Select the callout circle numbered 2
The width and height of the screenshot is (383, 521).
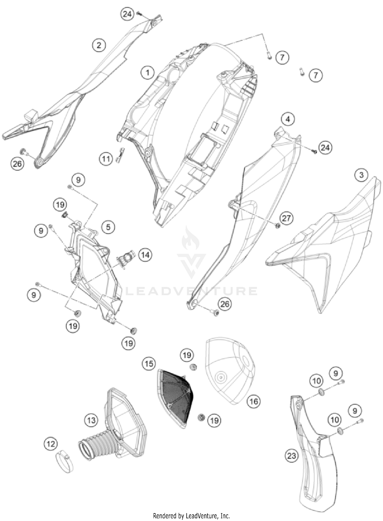point(99,45)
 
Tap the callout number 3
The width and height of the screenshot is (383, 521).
point(361,175)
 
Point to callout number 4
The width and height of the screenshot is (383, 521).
point(288,119)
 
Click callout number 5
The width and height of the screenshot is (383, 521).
point(108,227)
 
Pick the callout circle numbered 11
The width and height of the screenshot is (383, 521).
point(106,159)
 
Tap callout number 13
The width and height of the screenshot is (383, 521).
point(91,420)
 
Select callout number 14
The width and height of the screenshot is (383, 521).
point(145,255)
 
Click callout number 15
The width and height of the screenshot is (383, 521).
point(149,364)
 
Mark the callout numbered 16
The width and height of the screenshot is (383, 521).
point(254,402)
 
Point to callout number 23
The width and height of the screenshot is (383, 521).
point(292,456)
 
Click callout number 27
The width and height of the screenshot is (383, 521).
point(286,218)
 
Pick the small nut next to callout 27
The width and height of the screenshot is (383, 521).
point(278,226)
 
